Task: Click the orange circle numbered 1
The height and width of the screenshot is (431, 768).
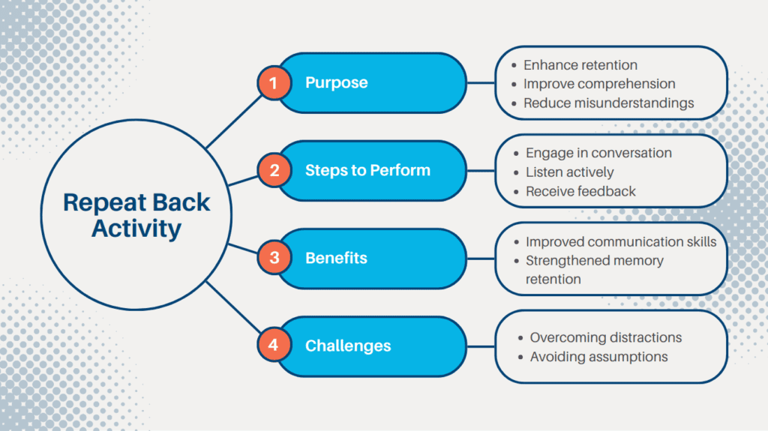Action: [274, 83]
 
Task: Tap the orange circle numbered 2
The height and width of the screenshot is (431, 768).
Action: [274, 171]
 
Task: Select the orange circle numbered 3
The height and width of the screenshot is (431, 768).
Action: [274, 258]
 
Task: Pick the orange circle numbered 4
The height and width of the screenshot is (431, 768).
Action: [274, 346]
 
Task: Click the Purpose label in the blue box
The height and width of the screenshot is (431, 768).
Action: [336, 83]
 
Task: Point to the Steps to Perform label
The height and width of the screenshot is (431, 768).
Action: [367, 171]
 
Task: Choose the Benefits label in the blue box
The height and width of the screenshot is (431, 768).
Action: [336, 259]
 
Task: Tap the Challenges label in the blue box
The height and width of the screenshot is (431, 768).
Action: [348, 346]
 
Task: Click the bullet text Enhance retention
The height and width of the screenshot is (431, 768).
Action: [580, 65]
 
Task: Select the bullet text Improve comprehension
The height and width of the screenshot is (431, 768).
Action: [599, 84]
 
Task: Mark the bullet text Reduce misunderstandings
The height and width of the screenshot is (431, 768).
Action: [608, 103]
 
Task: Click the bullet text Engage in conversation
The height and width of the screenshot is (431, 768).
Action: [598, 153]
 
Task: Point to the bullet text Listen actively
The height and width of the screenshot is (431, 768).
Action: [570, 172]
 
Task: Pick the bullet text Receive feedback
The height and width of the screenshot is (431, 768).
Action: [580, 191]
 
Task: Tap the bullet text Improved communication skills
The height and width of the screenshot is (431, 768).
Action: [621, 241]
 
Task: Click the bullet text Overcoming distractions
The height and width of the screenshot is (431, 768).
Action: [606, 337]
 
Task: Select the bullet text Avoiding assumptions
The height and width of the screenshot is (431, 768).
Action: [598, 357]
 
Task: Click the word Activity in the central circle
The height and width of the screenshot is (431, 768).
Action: [136, 229]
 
